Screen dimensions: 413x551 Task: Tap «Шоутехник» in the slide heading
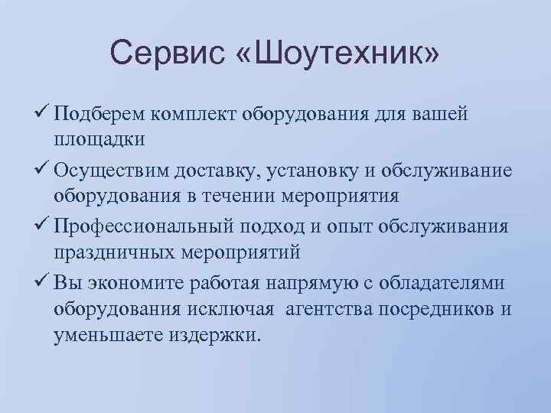coord(334,54)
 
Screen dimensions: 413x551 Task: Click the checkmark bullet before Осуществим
coord(41,169)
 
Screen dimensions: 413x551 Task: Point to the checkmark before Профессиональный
coord(41,224)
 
